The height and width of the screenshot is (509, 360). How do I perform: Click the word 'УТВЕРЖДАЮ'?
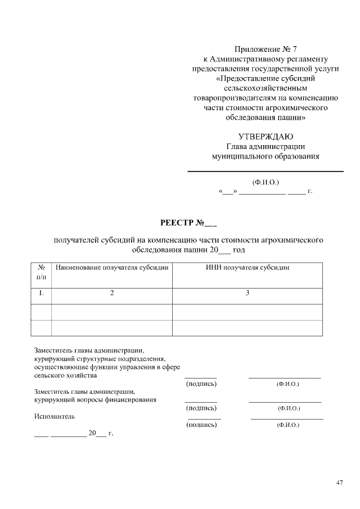pos(265,136)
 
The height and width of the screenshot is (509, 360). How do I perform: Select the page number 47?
pos(339,483)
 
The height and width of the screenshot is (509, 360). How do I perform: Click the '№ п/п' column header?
pos(41,273)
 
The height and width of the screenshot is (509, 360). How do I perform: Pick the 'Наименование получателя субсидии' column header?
pos(112,268)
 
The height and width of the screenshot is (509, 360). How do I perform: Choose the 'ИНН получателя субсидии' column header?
pos(247,268)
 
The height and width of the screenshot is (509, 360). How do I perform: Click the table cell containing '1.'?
pos(41,293)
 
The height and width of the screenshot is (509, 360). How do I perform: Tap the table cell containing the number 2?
pos(112,293)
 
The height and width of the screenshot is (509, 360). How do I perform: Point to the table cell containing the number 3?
pos(247,293)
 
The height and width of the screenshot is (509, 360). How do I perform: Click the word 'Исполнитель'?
pos(55,417)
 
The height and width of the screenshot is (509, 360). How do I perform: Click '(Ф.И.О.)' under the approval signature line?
pos(265,182)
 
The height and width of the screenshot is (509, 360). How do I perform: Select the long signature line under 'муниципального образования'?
pos(265,171)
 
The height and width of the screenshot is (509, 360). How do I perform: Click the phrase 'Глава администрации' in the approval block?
pos(265,146)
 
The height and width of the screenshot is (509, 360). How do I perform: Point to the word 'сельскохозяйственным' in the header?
pos(265,88)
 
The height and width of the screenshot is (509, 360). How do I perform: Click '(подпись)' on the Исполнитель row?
pos(201,426)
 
